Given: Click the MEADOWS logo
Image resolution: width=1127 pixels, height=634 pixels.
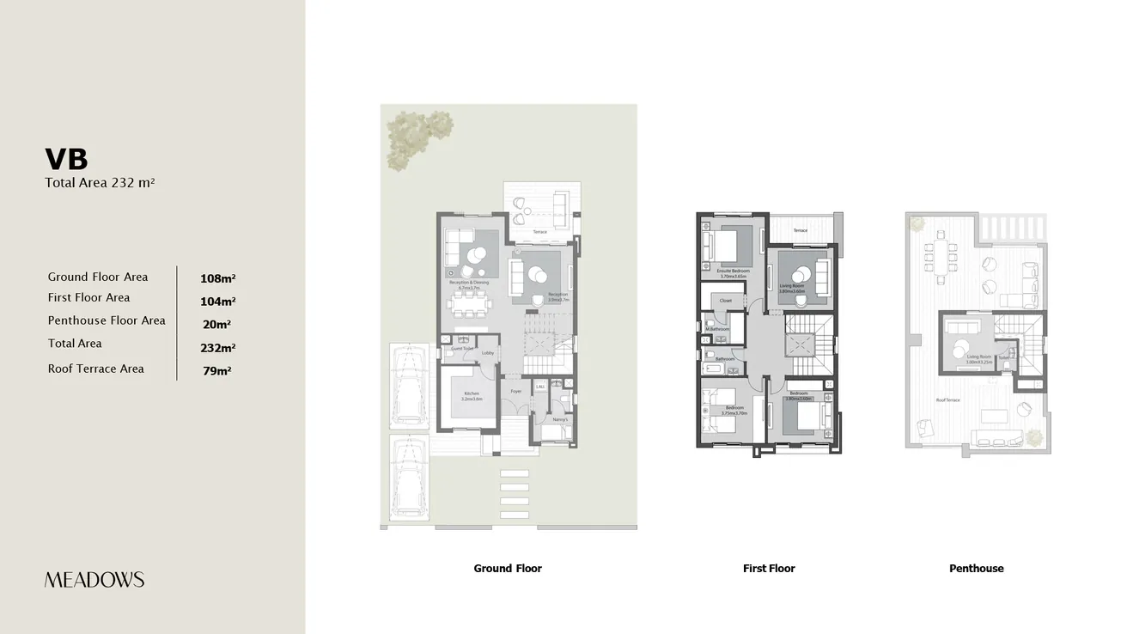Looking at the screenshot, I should coord(94,580).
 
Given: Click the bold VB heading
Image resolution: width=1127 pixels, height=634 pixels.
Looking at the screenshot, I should coord(66,159).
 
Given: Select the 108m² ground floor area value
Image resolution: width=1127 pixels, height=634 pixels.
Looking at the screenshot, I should coord(217,278).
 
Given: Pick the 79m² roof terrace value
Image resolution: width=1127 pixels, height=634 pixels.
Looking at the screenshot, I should coord(217,371).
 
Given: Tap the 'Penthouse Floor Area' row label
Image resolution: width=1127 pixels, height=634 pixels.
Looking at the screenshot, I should coord(107,320).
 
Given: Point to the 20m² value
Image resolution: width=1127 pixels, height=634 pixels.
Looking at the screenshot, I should coord(217,325).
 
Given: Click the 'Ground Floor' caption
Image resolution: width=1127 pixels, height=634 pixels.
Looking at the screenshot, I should coord(508,568).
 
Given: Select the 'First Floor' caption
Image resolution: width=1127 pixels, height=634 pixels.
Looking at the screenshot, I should coord(769,568).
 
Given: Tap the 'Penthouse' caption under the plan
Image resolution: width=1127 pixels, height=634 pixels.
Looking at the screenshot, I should coord(976,568).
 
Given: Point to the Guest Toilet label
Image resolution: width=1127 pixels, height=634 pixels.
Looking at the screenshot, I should coord(462,349).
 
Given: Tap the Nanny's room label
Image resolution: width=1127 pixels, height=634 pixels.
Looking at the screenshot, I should coord(559,420).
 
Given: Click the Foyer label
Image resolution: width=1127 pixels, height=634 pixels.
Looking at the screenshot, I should coord(515,392).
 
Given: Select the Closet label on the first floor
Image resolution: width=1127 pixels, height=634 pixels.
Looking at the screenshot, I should coord(726,301).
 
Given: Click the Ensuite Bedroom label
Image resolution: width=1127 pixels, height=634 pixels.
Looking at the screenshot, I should coord(734,271).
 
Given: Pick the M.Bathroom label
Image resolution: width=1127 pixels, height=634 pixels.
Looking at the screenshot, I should coord(717,329).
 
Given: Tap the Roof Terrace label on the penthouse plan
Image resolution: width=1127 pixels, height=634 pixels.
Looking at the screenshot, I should coord(947,400).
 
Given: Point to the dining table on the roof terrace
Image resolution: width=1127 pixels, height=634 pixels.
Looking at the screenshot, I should coord(940,257).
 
